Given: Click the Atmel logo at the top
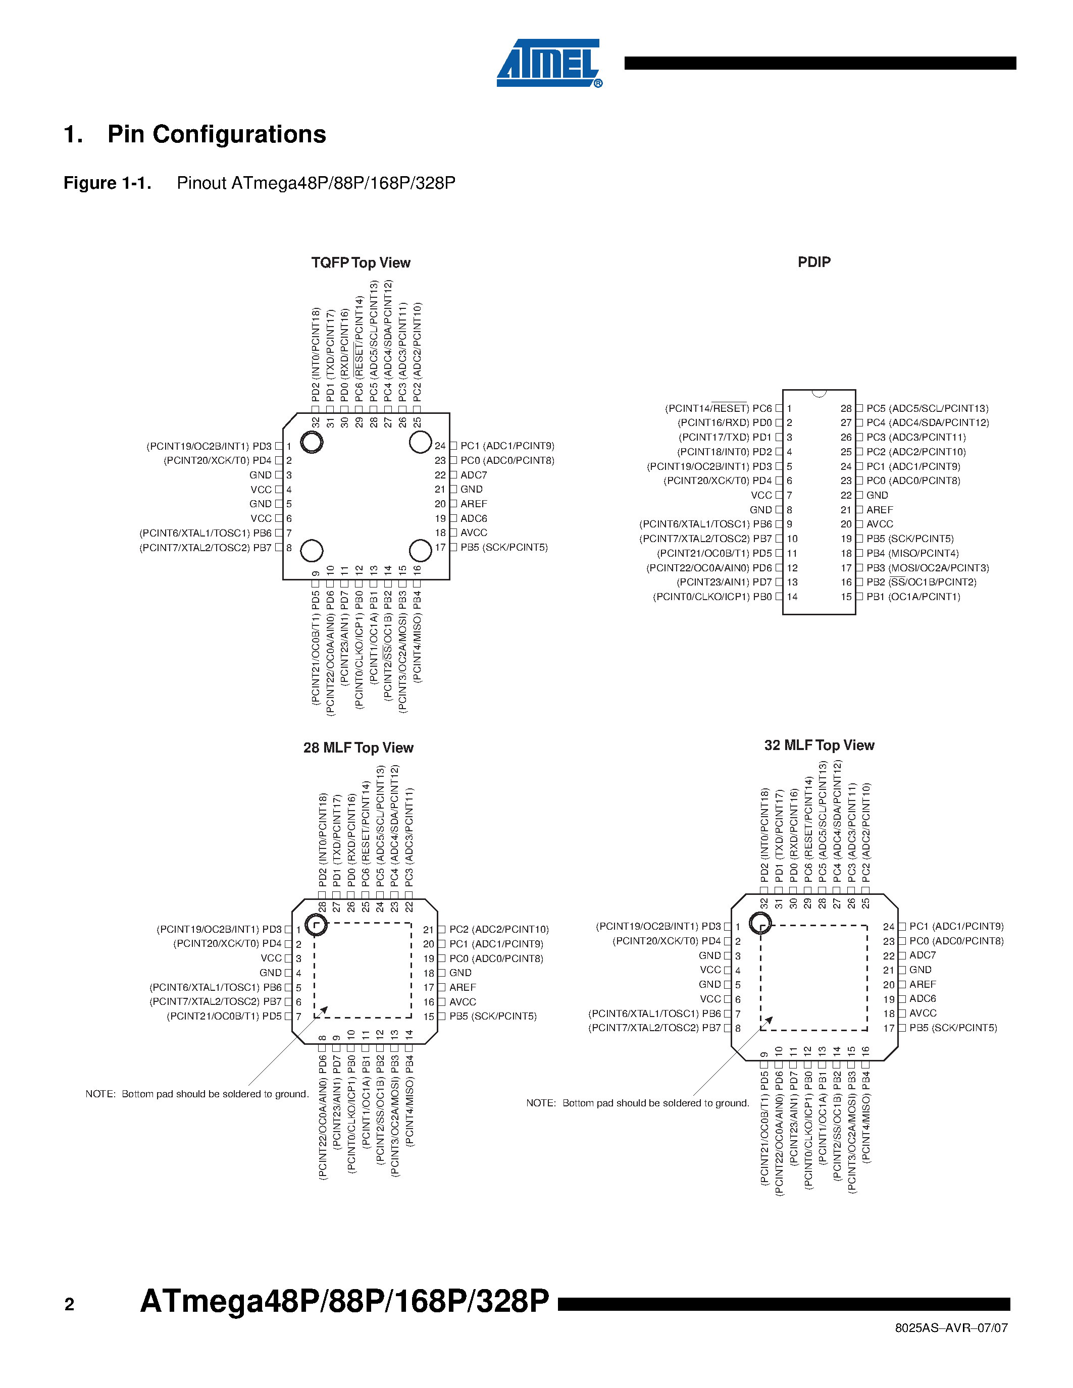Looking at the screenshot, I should coord(548,63).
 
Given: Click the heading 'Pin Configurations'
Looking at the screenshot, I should coord(216,134).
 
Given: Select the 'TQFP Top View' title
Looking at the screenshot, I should coord(361,262).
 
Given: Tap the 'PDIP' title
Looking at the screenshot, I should coord(813,262).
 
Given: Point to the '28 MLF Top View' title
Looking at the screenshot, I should coord(358,748).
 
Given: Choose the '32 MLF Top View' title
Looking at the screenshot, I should coord(819,745).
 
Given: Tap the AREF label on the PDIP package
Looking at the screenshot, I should coord(879,510).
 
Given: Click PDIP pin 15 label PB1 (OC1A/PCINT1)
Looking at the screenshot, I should coord(913,597).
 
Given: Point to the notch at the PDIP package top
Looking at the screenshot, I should coord(819,393).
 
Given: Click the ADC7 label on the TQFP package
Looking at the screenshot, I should coord(474,475).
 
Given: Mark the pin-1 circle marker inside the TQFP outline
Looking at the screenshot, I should coord(312,442).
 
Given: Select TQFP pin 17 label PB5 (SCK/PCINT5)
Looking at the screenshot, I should coord(503,547).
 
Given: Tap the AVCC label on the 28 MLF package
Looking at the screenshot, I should coord(462,1001).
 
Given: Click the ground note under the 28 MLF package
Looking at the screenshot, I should coord(197,1094).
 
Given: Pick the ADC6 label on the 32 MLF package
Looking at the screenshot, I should coord(923,998).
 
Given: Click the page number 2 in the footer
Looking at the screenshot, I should coord(69,1305).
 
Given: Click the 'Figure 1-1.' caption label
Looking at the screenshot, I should coord(108,183).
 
